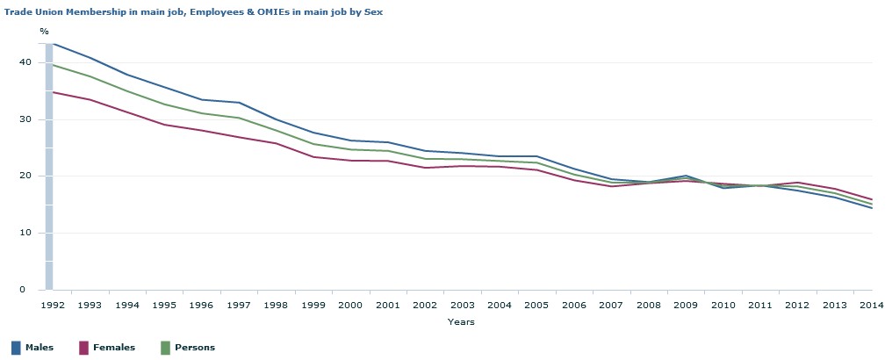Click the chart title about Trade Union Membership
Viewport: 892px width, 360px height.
point(192,12)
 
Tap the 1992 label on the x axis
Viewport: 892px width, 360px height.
point(53,306)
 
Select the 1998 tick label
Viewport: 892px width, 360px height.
point(276,306)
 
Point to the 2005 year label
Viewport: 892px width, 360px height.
point(536,306)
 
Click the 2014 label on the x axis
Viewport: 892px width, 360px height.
point(871,306)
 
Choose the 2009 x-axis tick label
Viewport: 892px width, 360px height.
point(685,306)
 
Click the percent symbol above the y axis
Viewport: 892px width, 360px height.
point(44,32)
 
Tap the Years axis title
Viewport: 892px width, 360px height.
point(461,322)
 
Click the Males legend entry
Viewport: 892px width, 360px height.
point(40,348)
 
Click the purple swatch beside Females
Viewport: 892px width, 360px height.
point(84,348)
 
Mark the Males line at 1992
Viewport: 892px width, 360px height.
point(53,42)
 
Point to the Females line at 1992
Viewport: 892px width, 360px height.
point(53,92)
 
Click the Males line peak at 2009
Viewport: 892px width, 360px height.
point(685,176)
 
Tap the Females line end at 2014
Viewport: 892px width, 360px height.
point(871,199)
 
